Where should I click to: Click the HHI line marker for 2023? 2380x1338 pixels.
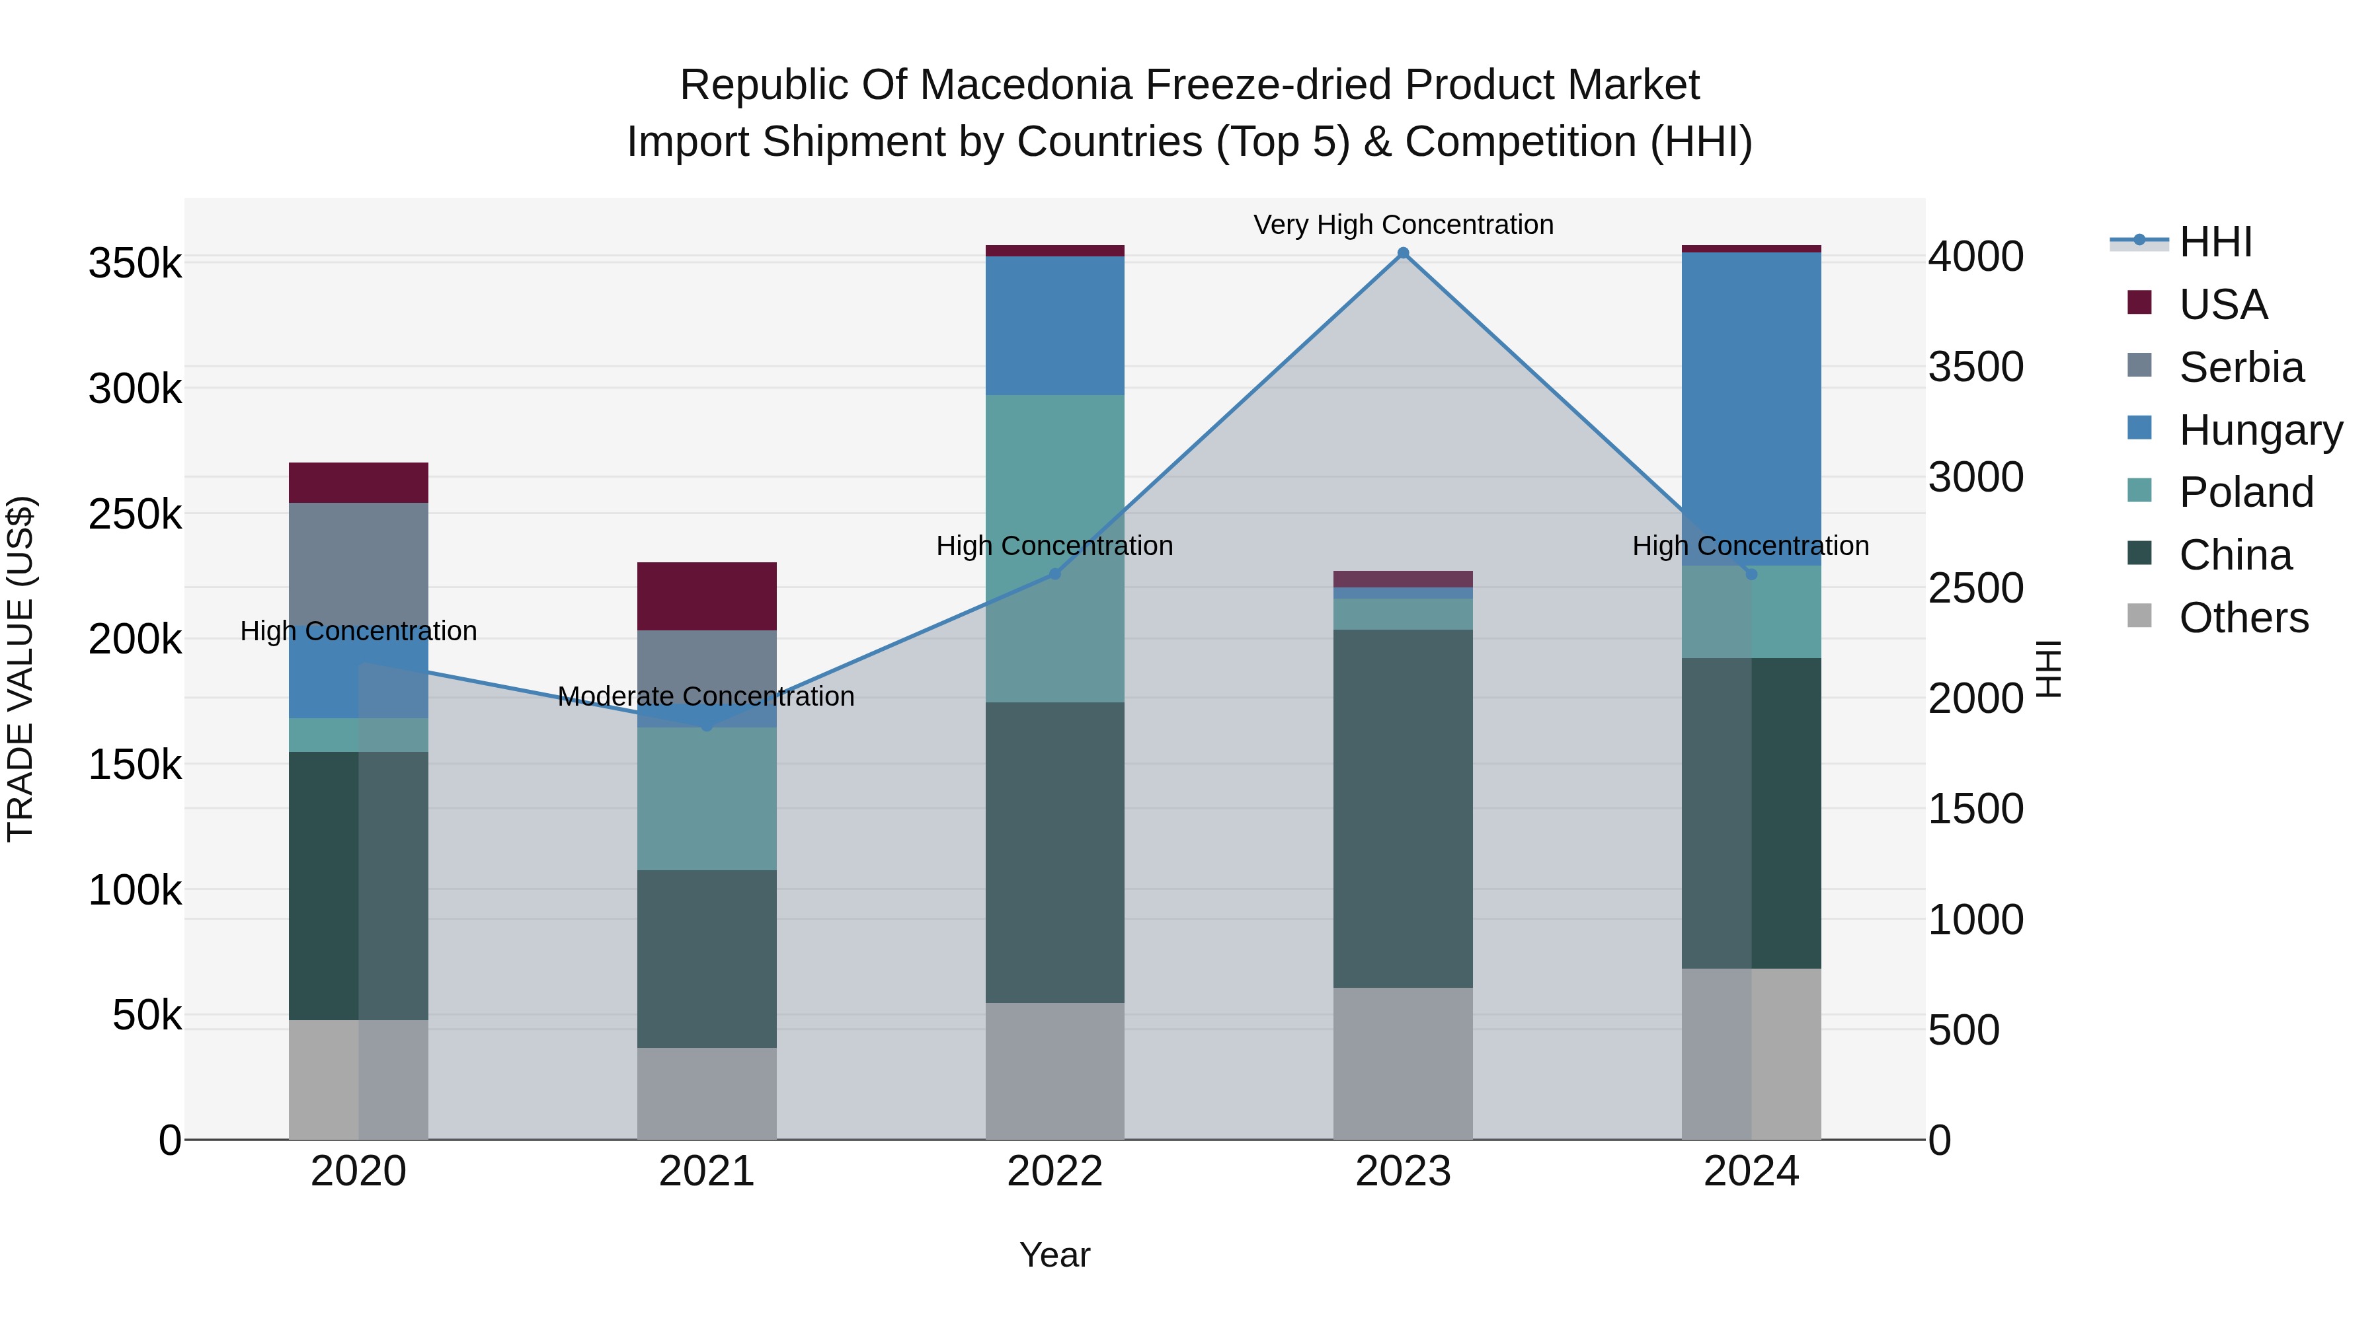1402,253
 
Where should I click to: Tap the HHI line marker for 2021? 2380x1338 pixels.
707,725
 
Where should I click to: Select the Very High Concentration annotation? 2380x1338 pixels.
1402,225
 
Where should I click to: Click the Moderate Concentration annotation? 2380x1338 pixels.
706,696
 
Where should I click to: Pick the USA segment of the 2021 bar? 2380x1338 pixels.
707,595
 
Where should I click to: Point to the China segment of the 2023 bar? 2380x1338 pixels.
1402,808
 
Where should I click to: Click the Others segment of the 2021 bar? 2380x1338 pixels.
707,1094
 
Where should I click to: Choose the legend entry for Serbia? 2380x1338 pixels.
2241,367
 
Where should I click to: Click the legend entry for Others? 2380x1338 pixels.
2242,618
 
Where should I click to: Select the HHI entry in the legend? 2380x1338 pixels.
2215,242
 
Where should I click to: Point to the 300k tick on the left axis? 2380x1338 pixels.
135,389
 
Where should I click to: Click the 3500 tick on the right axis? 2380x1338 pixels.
1975,367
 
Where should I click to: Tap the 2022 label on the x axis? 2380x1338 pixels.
1054,1171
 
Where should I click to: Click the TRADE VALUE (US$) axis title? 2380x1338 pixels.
20,669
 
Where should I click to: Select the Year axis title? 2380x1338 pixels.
1054,1255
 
